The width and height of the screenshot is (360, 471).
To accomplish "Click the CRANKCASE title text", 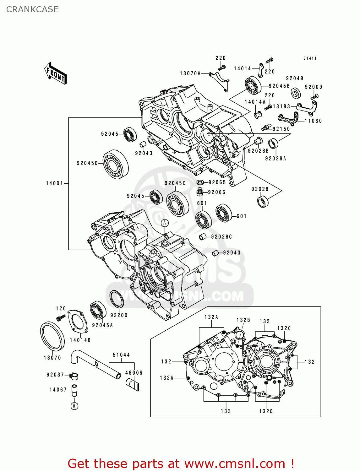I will coord(32,9).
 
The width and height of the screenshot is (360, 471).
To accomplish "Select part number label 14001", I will coord(55,183).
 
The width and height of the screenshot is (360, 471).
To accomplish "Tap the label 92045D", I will coord(87,163).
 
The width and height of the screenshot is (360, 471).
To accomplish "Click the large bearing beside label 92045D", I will coord(116,164).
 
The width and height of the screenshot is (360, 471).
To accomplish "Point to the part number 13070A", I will coord(190,73).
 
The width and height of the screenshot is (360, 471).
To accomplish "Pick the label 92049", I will coord(295,78).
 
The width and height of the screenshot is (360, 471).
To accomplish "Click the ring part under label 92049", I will coord(296,93).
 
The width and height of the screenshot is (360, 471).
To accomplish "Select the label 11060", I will coord(313,121).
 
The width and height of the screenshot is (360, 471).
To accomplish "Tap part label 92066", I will coord(217,192).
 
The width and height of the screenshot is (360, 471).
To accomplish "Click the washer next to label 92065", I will coord(200,182).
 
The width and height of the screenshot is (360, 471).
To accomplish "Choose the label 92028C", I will coord(221,237).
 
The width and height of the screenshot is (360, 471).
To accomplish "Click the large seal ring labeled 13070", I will coord(52,336).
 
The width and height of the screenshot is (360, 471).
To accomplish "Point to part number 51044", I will coord(121,355).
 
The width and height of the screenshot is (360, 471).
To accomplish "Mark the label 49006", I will coord(134,373).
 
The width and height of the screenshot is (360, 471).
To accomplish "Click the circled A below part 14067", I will coord(74,406).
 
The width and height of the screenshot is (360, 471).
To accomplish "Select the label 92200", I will coord(119,315).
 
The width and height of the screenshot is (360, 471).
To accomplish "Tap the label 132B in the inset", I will coord(243,320).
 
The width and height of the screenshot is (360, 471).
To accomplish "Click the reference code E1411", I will coord(310,58).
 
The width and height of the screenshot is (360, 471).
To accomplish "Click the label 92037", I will coord(55,375).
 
